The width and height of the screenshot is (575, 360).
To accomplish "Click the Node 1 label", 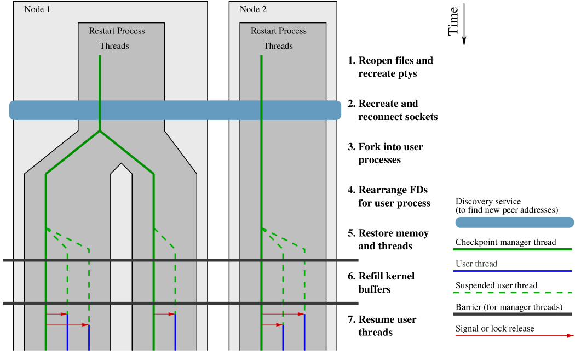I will [37, 9].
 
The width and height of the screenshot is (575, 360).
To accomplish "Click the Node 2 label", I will [253, 9].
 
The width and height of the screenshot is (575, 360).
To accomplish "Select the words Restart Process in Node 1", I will [117, 31].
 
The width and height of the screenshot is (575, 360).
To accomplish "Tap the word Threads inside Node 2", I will [278, 46].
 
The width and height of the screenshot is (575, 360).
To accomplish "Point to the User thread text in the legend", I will [476, 264].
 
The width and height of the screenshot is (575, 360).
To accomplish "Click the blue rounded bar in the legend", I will [515, 222].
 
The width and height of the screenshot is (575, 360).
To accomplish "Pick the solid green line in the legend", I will [513, 249].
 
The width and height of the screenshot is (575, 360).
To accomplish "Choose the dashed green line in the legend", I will [513, 293].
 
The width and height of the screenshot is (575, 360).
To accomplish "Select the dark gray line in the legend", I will [513, 314].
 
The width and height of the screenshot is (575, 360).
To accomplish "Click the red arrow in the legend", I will [514, 335].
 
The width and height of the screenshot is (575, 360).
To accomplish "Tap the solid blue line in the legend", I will [513, 271].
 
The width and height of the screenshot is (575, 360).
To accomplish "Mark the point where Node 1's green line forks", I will [100, 132].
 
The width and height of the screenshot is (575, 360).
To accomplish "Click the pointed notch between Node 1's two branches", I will [121, 164].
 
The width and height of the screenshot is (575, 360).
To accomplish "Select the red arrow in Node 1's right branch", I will [164, 314].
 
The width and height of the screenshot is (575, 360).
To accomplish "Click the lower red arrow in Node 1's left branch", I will [67, 325].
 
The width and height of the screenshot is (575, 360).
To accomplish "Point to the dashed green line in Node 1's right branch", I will [175, 274].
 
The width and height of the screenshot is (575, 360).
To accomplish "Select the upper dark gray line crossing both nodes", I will [181, 260].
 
